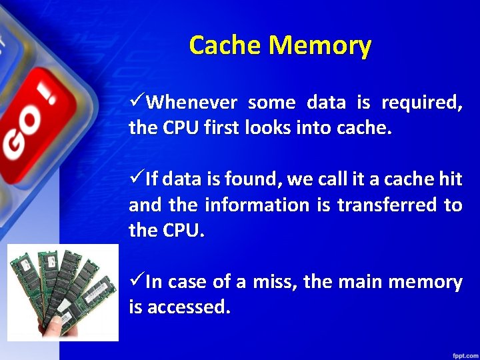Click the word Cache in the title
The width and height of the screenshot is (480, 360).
225,45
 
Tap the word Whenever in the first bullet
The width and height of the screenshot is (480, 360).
191,103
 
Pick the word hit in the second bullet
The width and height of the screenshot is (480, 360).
451,179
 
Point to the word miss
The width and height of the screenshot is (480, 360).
274,282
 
